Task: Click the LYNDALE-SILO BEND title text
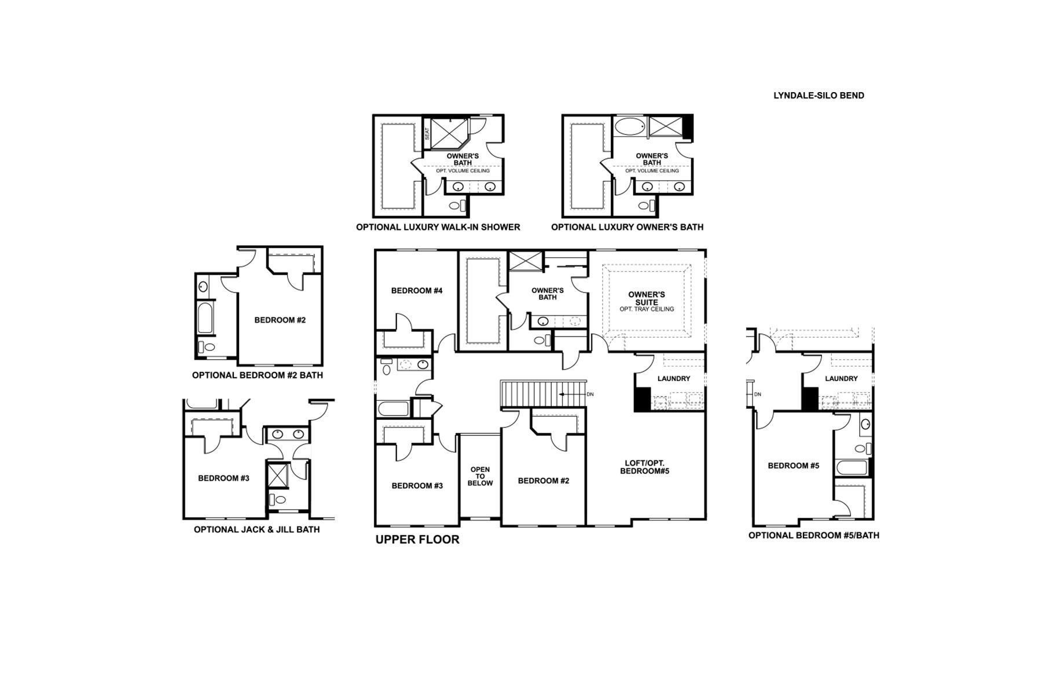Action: (819, 96)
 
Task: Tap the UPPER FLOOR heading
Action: (417, 540)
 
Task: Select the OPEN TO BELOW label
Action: (480, 476)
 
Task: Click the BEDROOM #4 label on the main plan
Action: (417, 291)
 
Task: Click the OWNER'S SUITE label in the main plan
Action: (646, 298)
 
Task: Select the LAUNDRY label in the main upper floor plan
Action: (674, 379)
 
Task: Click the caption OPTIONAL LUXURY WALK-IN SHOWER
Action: (438, 227)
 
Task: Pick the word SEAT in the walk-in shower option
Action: (427, 134)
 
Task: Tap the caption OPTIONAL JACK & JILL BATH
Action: (256, 529)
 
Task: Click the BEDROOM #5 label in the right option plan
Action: (793, 466)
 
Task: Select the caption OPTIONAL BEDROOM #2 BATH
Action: (258, 375)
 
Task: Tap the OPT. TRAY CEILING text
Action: (647, 309)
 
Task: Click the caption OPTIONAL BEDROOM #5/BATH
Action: (813, 535)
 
